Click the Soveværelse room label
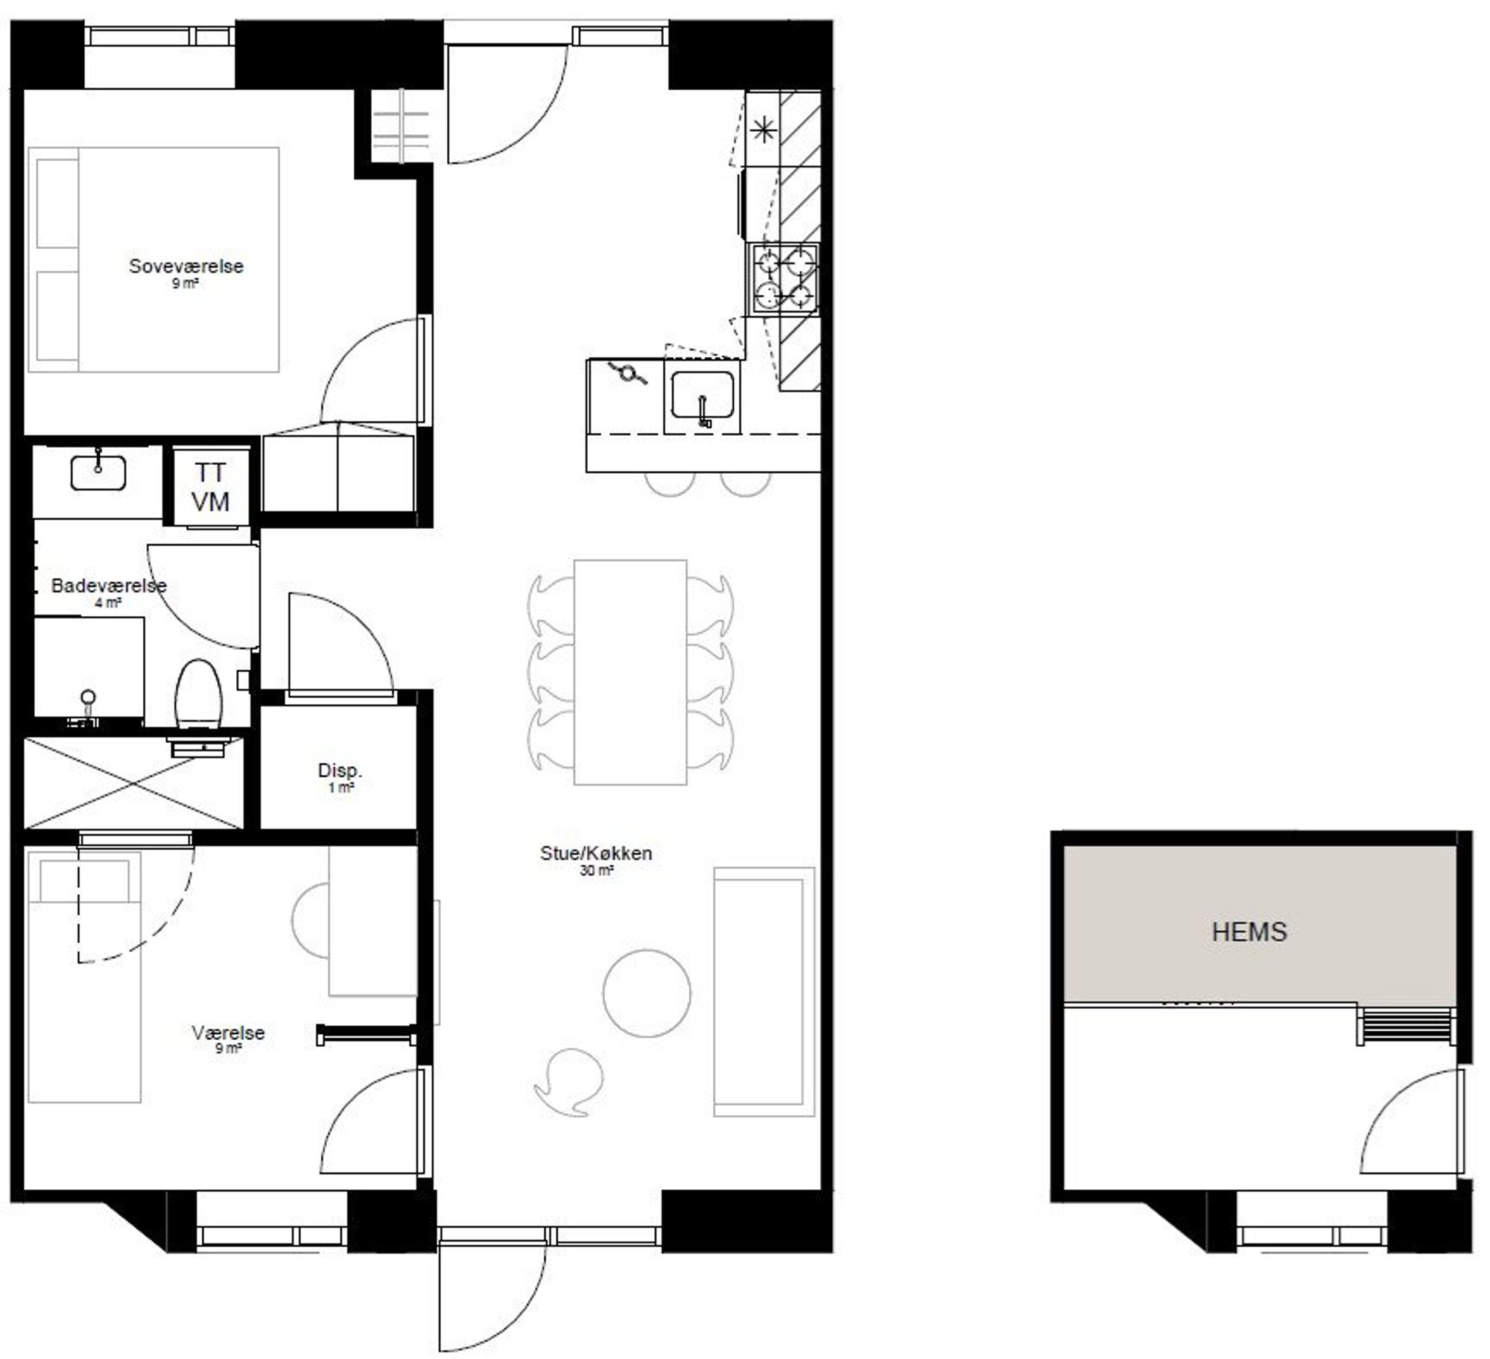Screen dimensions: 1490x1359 pos(186,266)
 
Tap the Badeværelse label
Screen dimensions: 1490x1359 pos(109,585)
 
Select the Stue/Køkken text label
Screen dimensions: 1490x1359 pos(596,853)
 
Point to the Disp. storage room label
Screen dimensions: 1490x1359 pos(340,770)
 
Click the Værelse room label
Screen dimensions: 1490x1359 pos(228,1033)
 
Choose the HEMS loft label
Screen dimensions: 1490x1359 pos(1249,932)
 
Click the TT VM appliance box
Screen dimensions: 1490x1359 pos(211,487)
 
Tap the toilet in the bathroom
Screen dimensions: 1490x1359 pos(198,693)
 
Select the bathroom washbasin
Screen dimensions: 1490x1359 pos(98,473)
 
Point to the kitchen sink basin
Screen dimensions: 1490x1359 pos(702,394)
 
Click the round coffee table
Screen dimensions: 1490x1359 pos(647,993)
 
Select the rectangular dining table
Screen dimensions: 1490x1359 pos(630,672)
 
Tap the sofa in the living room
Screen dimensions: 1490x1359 pos(764,992)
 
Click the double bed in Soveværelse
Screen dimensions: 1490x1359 pos(153,259)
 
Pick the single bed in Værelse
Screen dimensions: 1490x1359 pos(84,977)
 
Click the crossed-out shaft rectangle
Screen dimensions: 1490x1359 pos(134,782)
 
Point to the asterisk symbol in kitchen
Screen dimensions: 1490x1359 pos(763,131)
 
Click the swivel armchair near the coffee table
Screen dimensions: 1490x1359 pos(568,1081)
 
